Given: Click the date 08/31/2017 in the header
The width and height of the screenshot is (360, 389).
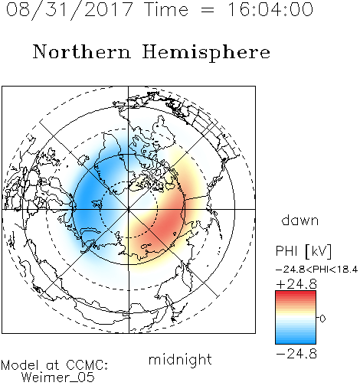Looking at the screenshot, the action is coord(70,10).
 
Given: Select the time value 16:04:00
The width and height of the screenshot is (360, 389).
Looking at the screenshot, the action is coord(270,9).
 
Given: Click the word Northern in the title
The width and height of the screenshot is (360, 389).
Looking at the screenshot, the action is coord(82,51).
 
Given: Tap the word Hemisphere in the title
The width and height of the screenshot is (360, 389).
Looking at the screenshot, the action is coord(206,53).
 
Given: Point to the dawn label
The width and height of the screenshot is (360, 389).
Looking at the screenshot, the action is coord(300,220).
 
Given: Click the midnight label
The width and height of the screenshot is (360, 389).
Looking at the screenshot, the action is coord(180,359).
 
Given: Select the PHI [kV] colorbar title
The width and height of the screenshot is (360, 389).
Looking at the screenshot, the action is coord(303,251).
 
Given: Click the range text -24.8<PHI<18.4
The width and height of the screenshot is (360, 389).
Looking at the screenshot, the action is coord(316,270).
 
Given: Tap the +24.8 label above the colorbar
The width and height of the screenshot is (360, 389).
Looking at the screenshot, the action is coord(296,284).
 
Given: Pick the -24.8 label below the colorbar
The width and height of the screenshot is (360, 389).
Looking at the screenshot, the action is coord(296,354).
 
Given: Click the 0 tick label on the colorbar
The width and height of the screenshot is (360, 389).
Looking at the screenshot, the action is coord(322,319).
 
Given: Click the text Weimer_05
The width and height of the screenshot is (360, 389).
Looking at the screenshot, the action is coord(58,378).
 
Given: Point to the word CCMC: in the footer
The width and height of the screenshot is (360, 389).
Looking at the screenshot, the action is coord(87,365).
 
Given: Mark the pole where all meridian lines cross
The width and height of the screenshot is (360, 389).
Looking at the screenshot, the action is coord(129,210).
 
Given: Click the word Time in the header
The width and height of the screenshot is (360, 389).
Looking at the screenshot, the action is coord(166,9).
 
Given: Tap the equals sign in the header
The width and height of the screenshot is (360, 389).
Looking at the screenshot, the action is coord(208,10).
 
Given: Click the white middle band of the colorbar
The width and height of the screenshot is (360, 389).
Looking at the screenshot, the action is coord(296,319).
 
